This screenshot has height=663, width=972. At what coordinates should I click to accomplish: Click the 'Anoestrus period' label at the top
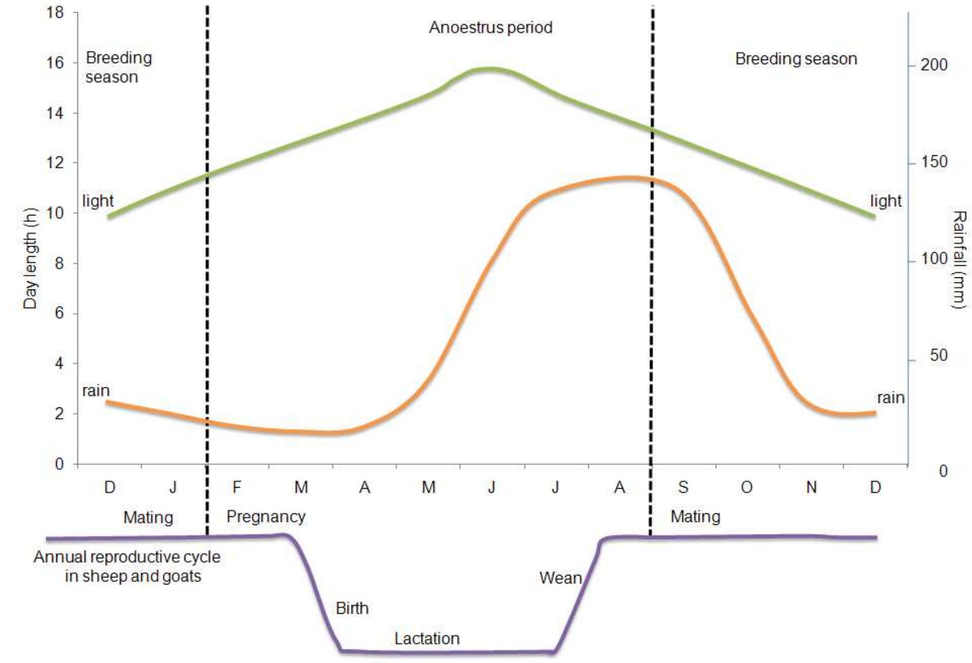coord(490,28)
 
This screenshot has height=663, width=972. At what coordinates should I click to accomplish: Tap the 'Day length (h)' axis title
coord(30,258)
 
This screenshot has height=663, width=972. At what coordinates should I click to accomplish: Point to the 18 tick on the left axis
coord(56,12)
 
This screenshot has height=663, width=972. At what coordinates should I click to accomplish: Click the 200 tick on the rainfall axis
coord(934,65)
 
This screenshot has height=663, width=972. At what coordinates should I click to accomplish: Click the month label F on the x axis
coord(236,488)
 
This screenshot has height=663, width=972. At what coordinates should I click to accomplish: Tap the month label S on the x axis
coord(682,488)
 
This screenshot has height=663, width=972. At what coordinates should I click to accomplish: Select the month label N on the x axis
coord(811,488)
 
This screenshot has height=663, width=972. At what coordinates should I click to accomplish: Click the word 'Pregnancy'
coord(266,516)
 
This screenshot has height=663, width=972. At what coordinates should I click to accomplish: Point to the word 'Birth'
coord(352,608)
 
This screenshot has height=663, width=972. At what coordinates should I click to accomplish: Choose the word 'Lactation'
coord(427,638)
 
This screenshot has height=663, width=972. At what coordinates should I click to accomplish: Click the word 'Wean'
coord(560,578)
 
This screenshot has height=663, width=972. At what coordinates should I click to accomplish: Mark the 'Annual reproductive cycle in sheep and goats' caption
coord(127,566)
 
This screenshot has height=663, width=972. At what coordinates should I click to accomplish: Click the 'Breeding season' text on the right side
coord(795,59)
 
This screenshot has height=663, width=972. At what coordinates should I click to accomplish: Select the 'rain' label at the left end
coord(96,391)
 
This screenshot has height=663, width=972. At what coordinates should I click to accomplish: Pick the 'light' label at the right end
coord(885,201)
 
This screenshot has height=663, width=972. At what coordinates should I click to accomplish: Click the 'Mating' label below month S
coord(695,516)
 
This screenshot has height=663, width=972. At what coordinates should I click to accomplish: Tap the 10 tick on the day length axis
coord(56,213)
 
